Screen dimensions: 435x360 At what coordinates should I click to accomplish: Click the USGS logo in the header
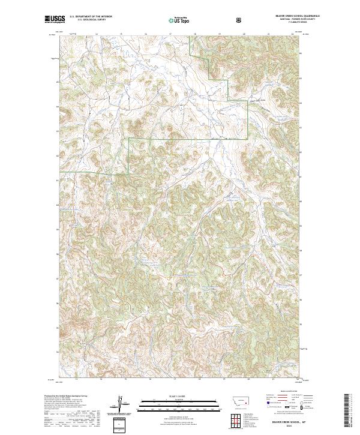pyautogui.click(x=55, y=20)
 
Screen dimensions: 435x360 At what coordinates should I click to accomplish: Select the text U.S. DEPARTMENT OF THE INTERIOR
pyautogui.click(x=90, y=17)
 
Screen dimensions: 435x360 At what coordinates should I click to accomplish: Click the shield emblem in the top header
pyautogui.click(x=240, y=20)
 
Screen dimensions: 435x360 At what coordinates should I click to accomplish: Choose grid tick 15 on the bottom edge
pyautogui.click(x=125, y=380)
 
